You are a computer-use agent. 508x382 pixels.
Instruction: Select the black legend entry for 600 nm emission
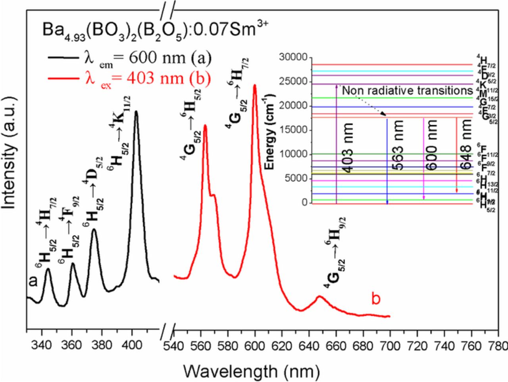(129, 58)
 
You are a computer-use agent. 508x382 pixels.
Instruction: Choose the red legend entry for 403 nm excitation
(129, 77)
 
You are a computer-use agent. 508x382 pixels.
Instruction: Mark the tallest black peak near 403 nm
(136, 112)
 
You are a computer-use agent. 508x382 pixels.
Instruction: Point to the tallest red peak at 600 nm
(254, 85)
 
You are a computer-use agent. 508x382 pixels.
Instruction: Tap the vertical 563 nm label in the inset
(397, 145)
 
